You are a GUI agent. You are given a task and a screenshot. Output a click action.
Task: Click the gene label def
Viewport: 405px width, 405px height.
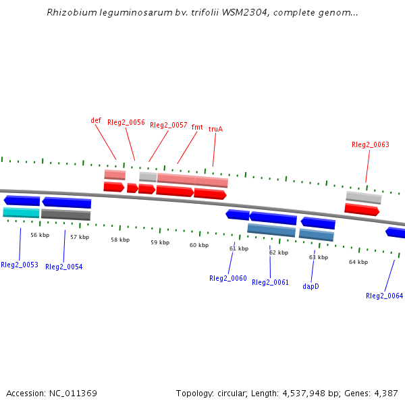tap(96, 121)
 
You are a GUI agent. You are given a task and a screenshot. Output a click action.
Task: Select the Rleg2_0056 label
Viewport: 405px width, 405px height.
tap(126, 123)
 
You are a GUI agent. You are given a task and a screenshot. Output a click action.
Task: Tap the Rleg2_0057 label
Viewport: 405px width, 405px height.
tap(168, 126)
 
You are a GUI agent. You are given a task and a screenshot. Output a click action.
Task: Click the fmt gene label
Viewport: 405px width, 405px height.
tap(197, 127)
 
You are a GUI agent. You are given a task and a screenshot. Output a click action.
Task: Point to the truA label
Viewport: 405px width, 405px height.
tap(215, 129)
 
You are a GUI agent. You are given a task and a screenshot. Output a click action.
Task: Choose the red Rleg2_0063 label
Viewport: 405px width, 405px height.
tap(371, 144)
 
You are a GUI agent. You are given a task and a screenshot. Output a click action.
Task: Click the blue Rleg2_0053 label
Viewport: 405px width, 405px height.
tap(19, 265)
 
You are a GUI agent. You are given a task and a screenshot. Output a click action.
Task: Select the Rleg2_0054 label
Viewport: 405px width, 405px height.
tap(64, 267)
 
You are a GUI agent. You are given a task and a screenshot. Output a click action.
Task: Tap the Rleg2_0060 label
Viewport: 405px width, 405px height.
tap(228, 278)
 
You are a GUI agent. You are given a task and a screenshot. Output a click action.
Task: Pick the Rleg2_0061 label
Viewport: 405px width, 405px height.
tap(270, 283)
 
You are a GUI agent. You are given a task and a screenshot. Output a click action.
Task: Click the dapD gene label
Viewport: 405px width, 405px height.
tap(311, 286)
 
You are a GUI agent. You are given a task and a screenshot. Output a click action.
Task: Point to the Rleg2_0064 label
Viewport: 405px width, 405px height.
tap(384, 296)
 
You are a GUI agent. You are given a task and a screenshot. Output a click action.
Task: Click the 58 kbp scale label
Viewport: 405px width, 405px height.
tap(120, 240)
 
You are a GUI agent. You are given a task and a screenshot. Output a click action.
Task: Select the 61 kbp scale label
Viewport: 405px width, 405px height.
tap(239, 248)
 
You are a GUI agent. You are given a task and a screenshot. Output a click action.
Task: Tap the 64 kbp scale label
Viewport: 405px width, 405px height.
tap(358, 262)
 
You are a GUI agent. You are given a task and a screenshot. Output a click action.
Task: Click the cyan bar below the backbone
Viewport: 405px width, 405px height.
tap(21, 213)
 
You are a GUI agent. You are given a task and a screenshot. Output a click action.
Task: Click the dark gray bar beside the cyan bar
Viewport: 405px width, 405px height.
tap(65, 215)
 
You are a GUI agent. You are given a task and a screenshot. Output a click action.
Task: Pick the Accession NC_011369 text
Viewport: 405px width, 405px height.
tap(51, 394)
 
